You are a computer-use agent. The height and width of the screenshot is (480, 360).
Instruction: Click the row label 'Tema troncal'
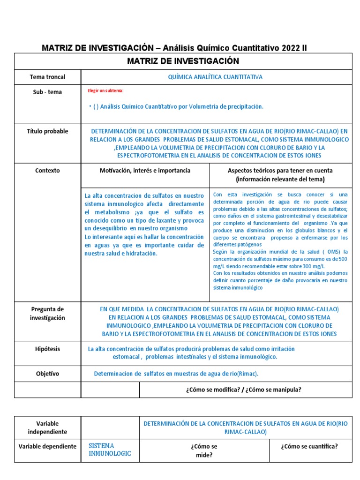[x=47, y=77]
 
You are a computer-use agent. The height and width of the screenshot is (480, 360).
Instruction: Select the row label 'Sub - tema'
[x=47, y=92]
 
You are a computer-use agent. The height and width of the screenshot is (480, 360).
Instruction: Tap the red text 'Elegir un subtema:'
[x=105, y=90]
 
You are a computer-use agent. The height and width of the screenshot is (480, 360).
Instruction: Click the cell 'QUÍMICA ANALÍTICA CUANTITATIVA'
[x=215, y=77]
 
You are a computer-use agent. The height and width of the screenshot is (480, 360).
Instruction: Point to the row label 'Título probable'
[x=47, y=131]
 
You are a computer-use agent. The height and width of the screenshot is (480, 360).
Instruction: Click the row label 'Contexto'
[x=47, y=171]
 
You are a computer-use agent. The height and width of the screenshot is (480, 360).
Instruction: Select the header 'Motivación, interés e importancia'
[x=145, y=171]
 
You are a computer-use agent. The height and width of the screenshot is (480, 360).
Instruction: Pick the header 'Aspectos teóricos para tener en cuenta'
[x=280, y=171]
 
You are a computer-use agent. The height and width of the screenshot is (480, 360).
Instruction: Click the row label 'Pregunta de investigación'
[x=47, y=314]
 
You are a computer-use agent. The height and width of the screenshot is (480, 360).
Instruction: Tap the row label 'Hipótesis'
[x=47, y=349]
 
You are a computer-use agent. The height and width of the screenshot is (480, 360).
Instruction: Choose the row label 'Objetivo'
[x=47, y=374]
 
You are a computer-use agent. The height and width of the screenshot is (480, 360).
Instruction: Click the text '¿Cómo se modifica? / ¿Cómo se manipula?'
[x=243, y=390]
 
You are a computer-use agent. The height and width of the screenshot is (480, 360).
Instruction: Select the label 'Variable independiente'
[x=47, y=427]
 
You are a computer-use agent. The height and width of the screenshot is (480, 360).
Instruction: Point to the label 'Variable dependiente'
[x=47, y=446]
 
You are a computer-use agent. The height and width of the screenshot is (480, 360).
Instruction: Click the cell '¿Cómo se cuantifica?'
[x=309, y=446]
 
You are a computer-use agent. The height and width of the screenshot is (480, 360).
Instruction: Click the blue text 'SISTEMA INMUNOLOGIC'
[x=110, y=450]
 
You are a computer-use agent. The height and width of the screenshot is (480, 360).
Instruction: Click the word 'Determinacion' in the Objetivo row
[x=114, y=374]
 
